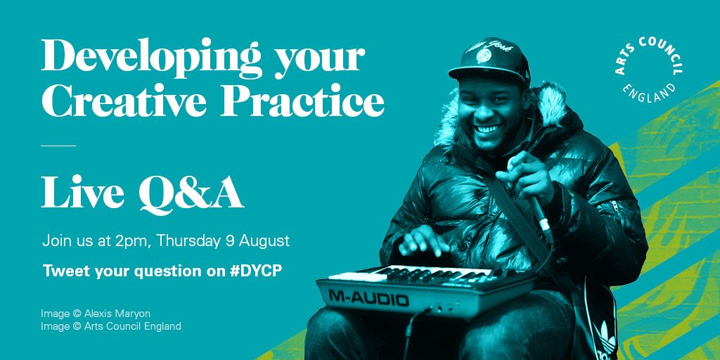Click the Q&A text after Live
[191, 193]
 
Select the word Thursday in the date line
[188, 240]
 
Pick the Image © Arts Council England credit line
[111, 326]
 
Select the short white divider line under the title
[58, 146]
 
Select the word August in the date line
[264, 240]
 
